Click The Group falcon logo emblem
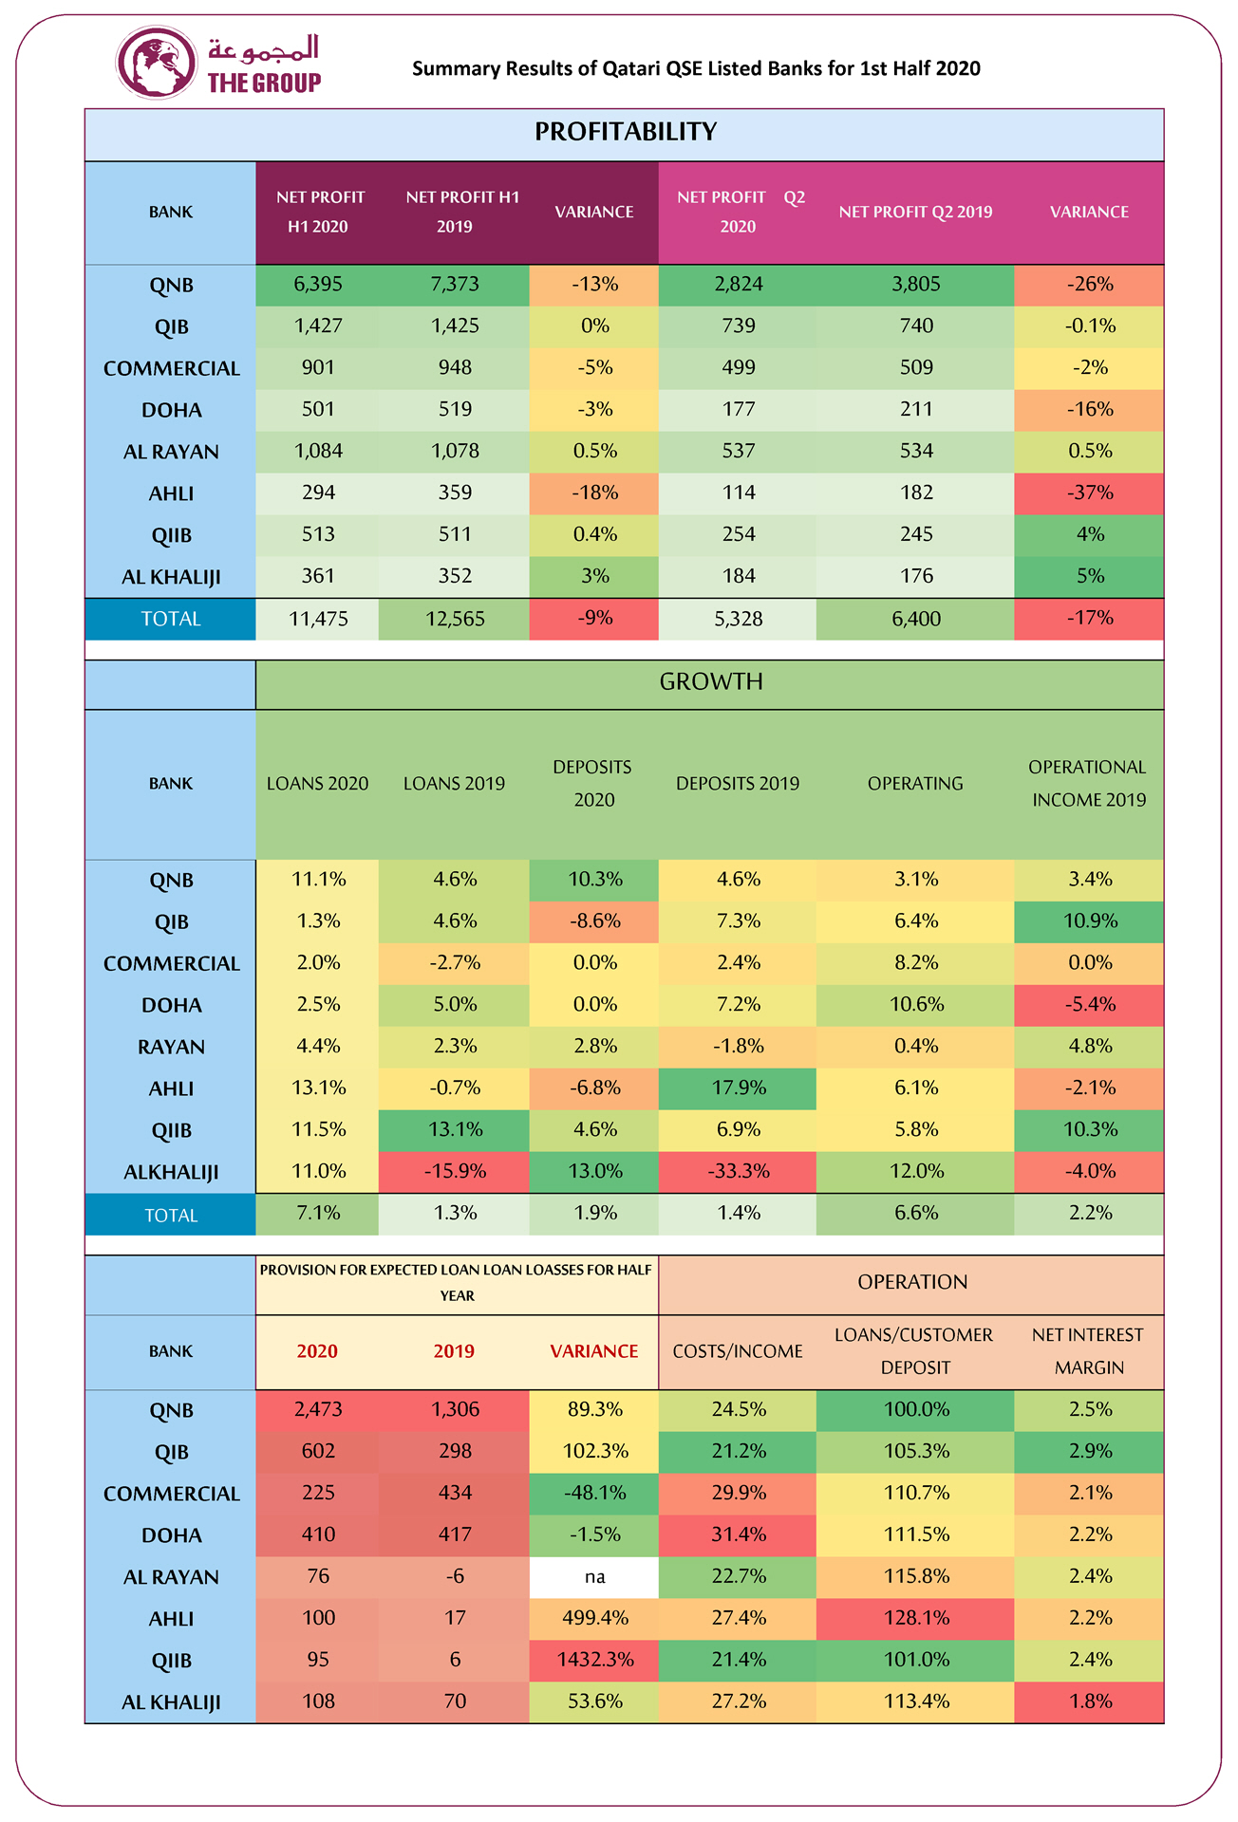tap(156, 64)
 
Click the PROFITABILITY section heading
tap(625, 132)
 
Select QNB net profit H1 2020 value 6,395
tap(318, 285)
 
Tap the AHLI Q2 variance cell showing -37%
tap(1089, 493)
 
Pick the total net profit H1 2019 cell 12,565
tap(455, 620)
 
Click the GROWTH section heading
tap(710, 682)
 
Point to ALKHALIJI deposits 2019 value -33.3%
tap(738, 1172)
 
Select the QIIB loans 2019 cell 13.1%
tap(455, 1130)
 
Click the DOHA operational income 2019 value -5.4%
tap(1089, 1005)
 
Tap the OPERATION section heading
tap(911, 1282)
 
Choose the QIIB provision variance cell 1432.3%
tap(594, 1661)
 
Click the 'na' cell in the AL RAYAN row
tap(594, 1577)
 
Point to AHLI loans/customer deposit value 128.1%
tap(916, 1619)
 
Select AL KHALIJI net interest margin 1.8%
tap(1089, 1702)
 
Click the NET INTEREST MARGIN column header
tap(1088, 1351)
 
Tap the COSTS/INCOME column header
tap(738, 1351)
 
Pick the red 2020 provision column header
tap(317, 1351)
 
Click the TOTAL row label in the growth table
tap(171, 1216)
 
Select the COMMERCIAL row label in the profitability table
tap(172, 368)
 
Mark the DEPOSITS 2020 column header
tap(594, 783)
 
